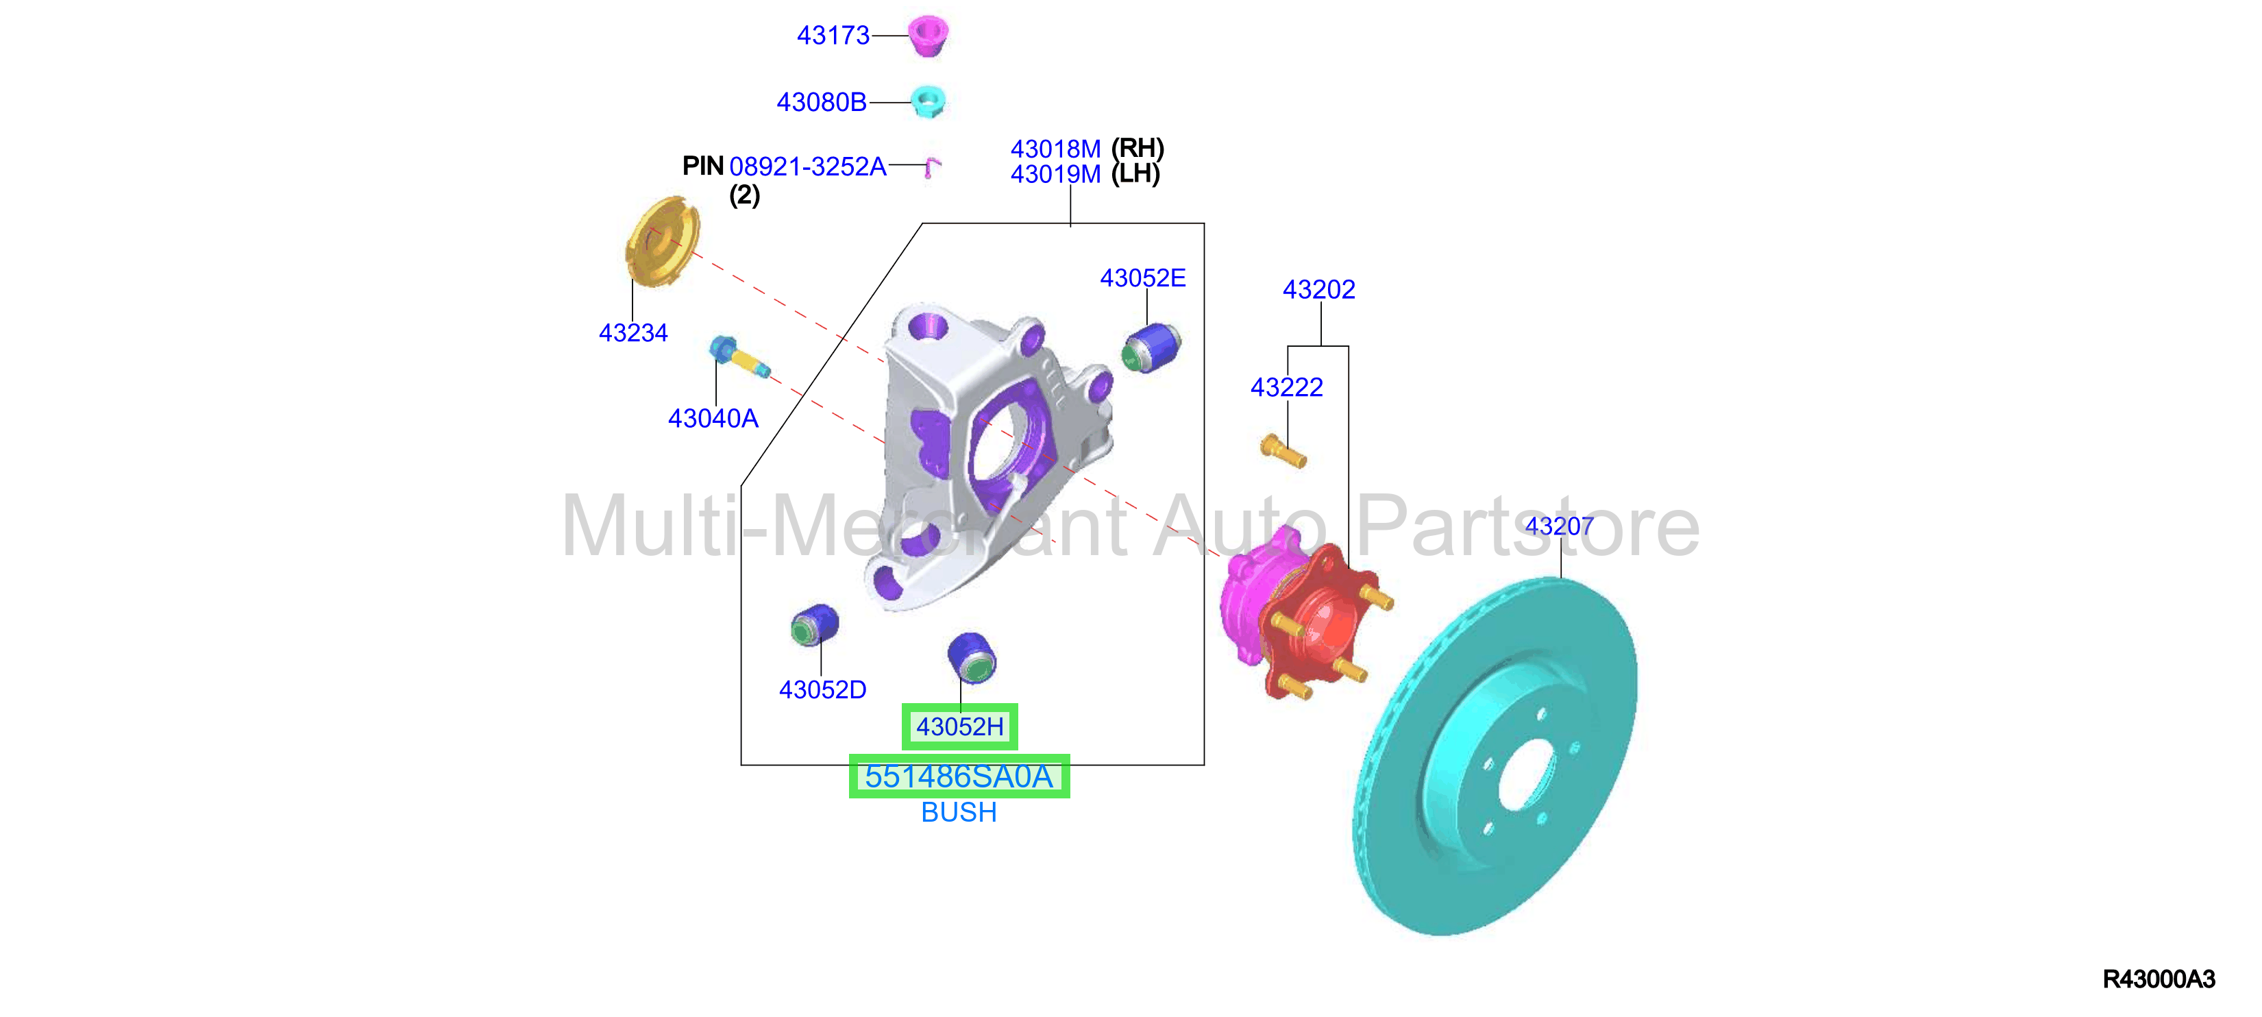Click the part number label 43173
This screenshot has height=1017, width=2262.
[833, 36]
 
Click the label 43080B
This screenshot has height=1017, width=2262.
[821, 103]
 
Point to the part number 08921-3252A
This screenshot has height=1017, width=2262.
[808, 166]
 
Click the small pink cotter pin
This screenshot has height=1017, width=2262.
[932, 167]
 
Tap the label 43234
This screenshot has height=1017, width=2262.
[633, 333]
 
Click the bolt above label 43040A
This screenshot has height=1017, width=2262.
[739, 358]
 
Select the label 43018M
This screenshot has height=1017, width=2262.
[1055, 149]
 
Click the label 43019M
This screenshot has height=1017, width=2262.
[1055, 174]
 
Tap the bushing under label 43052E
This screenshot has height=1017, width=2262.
[1151, 347]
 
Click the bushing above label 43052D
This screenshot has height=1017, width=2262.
[815, 624]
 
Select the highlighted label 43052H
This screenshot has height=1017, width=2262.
[960, 726]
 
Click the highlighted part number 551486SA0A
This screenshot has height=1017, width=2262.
[959, 776]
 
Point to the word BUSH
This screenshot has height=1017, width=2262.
[959, 812]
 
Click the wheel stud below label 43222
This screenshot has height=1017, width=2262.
[1283, 450]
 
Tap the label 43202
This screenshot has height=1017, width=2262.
[1319, 289]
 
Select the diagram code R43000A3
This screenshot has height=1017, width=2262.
[2159, 979]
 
